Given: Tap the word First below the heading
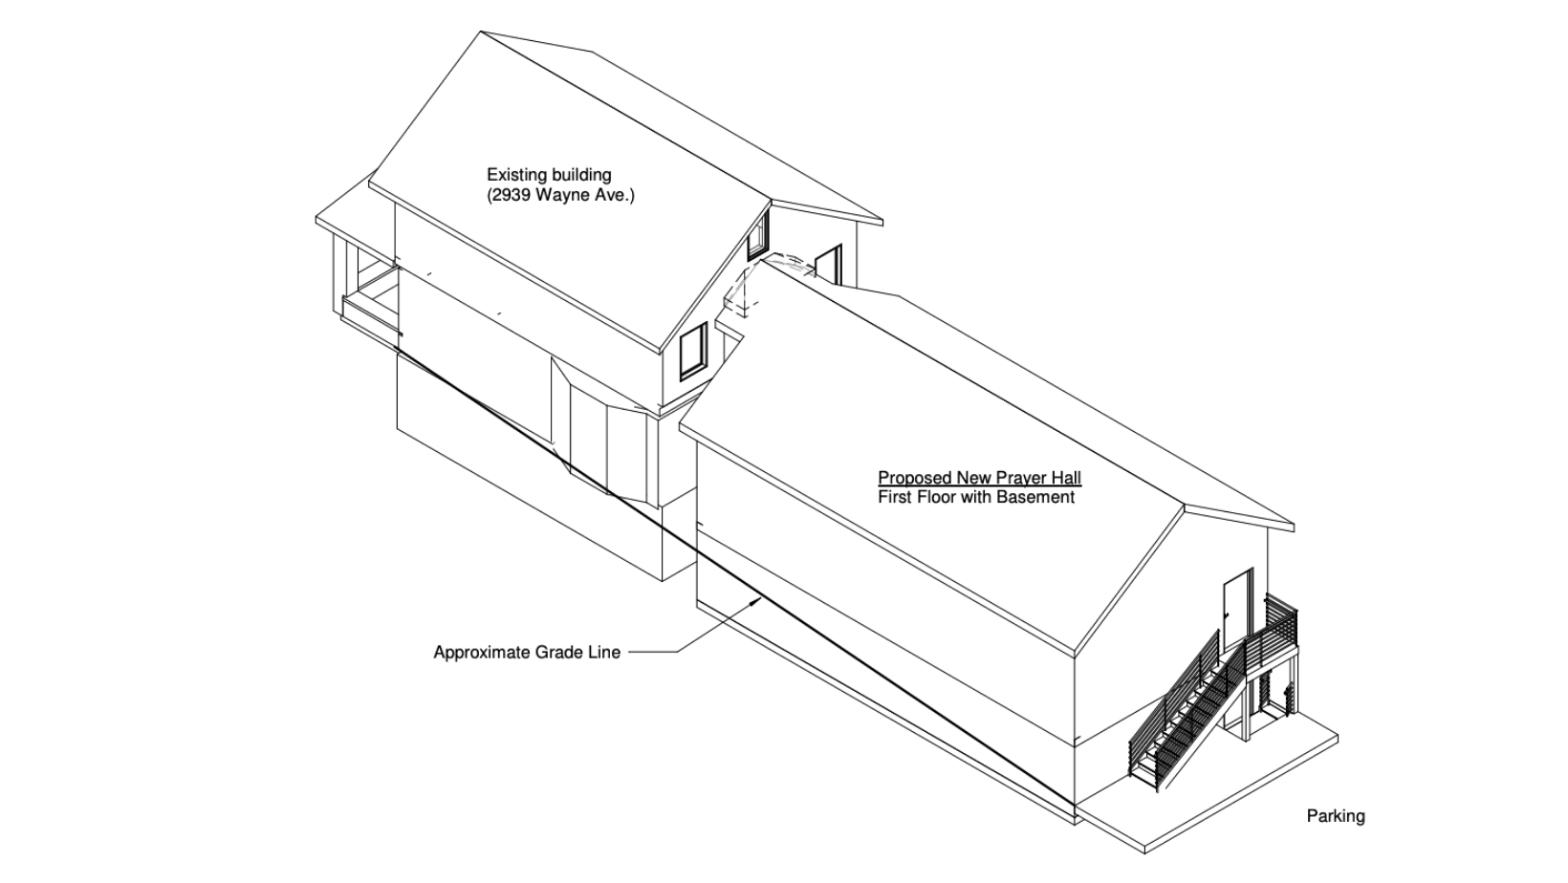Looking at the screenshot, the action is click(x=894, y=498).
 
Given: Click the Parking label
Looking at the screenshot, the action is click(x=1336, y=816).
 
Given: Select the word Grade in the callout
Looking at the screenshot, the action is click(x=559, y=653).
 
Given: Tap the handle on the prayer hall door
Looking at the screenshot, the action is click(x=1227, y=614).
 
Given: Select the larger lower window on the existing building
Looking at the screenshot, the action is click(x=693, y=352).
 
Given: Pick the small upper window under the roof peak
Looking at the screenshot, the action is click(x=757, y=235).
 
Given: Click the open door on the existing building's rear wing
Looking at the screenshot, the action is click(x=828, y=265).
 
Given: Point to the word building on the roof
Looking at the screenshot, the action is click(x=580, y=175).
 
